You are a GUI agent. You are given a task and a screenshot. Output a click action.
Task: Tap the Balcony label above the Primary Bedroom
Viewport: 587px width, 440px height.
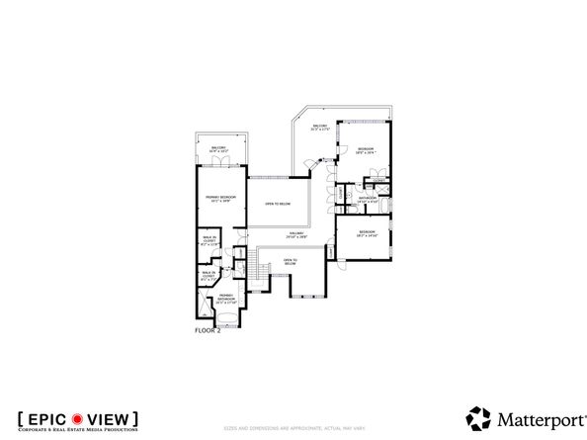click(218, 149)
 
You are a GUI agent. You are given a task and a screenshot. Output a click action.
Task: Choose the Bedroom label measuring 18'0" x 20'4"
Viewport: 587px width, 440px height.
click(365, 151)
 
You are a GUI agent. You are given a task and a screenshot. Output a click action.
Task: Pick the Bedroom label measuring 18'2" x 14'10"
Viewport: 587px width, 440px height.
click(364, 235)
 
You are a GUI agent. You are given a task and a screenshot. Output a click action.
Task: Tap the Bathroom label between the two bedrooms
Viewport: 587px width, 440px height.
click(369, 200)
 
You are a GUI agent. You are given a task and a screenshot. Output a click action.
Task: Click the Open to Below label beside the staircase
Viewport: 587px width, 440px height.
click(290, 263)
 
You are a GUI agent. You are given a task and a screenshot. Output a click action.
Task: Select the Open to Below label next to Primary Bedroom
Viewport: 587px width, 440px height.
click(278, 204)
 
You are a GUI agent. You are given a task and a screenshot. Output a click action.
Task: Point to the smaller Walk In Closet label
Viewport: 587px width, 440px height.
click(208, 277)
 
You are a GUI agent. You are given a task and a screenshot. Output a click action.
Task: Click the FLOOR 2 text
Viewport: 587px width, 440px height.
click(208, 329)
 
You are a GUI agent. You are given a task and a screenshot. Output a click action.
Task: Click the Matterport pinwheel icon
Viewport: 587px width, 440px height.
click(477, 417)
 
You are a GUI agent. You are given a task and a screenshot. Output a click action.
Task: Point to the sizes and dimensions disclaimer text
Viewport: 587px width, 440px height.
click(293, 428)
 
